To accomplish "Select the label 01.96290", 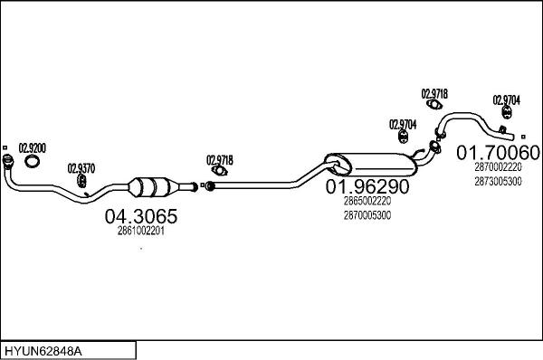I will coord(367,187).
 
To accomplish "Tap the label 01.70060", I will coord(497,151).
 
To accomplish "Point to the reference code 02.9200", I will coord(33,147).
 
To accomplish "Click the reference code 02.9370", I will coord(81,167).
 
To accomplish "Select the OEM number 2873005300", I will coord(497,181).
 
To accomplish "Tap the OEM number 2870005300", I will coord(367,215).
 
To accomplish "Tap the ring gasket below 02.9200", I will coord(33,162).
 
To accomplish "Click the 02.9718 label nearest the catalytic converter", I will coord(219,160).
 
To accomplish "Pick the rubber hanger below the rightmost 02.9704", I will coord(509,114).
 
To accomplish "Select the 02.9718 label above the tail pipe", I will coord(434,93).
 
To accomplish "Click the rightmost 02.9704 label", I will coord(505,99).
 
